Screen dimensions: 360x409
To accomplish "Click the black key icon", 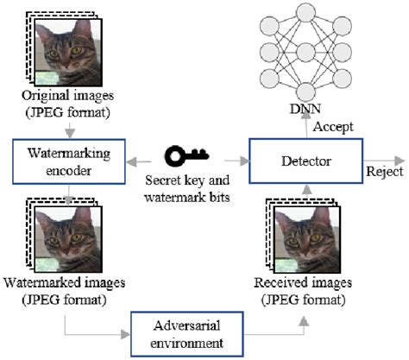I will tap(188, 157).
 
